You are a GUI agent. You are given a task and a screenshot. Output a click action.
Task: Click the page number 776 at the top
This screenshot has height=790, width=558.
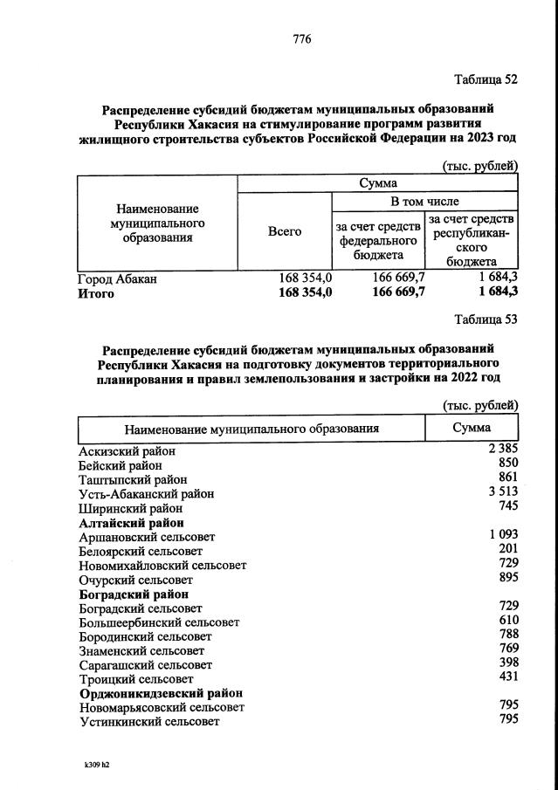point(301,39)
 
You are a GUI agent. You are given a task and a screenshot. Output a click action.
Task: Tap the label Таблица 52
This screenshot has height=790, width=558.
point(486,79)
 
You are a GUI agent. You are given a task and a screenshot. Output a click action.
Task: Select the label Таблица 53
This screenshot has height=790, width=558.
point(486,319)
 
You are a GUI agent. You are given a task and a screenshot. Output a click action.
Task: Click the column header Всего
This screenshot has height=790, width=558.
point(285,231)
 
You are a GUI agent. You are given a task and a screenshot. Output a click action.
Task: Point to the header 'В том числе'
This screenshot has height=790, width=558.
point(424,202)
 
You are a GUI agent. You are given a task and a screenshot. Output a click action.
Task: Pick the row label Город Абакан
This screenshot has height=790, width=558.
point(118,279)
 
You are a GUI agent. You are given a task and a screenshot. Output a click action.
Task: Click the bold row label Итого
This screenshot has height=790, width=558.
point(96,293)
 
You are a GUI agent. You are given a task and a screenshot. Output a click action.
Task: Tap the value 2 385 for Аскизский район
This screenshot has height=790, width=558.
point(504,450)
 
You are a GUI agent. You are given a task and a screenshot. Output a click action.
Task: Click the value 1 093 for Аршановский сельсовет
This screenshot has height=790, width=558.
point(504,535)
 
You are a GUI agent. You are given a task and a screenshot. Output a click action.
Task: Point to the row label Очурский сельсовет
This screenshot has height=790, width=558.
point(136,580)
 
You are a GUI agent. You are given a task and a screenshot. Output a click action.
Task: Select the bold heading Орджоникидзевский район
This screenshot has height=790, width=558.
point(161,693)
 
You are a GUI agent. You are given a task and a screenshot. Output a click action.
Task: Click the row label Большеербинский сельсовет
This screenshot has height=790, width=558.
point(159,622)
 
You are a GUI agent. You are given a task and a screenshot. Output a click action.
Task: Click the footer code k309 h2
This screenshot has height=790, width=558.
point(97,765)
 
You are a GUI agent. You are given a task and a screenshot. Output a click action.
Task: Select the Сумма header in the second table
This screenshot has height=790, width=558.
point(472,428)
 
